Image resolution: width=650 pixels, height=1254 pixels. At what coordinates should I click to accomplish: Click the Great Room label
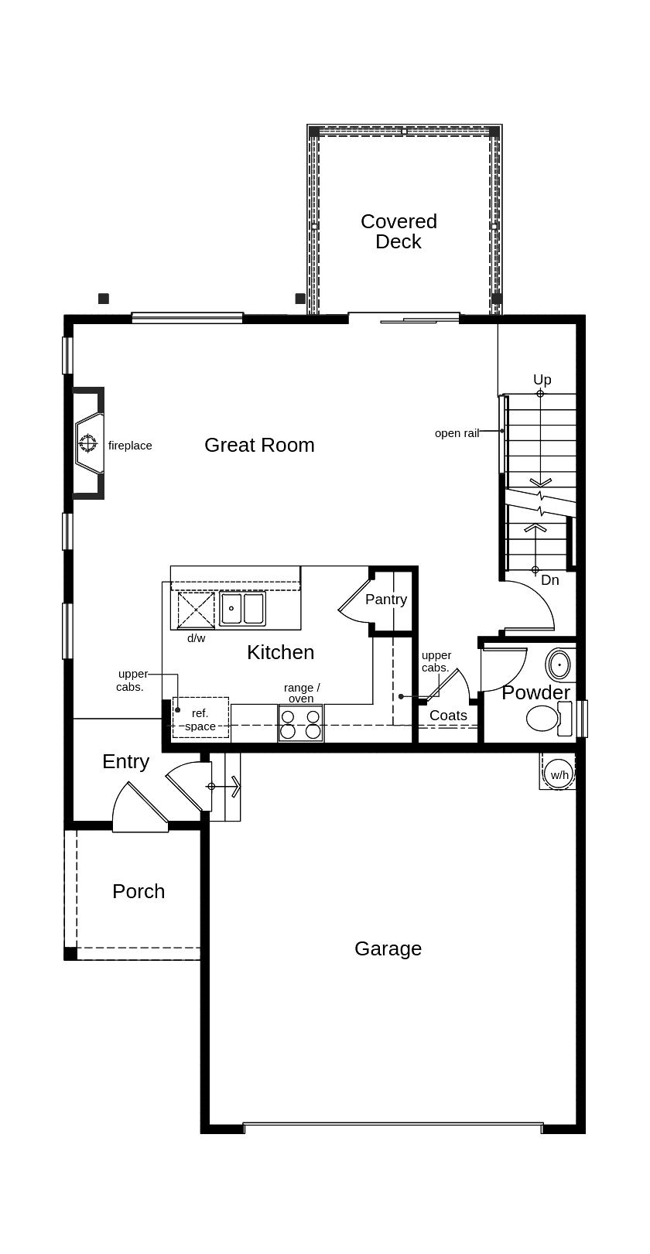259,445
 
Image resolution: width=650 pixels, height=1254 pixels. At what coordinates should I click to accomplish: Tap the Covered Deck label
399,231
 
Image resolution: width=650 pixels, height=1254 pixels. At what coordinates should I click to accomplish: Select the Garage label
388,948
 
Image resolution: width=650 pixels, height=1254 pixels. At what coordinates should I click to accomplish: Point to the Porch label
139,891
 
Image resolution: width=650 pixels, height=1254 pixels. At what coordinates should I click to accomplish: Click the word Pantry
385,600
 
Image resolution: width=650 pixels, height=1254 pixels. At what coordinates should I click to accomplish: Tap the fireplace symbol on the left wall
88,443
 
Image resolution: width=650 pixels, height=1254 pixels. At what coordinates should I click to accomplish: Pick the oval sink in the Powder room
559,665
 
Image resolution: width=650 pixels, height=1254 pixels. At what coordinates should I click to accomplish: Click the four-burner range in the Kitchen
300,723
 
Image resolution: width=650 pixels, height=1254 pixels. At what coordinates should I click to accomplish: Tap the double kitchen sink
242,609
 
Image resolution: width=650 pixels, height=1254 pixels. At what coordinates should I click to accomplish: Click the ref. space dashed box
200,718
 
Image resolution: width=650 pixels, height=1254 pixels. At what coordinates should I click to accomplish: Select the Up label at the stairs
542,380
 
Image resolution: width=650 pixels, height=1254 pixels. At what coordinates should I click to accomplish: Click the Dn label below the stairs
549,580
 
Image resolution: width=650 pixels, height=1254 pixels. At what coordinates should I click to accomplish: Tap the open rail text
457,433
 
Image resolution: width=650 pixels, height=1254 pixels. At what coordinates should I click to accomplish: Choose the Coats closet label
448,716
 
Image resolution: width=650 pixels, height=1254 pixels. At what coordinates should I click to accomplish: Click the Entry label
125,761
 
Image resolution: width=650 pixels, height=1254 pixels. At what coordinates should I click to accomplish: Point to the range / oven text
301,693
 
